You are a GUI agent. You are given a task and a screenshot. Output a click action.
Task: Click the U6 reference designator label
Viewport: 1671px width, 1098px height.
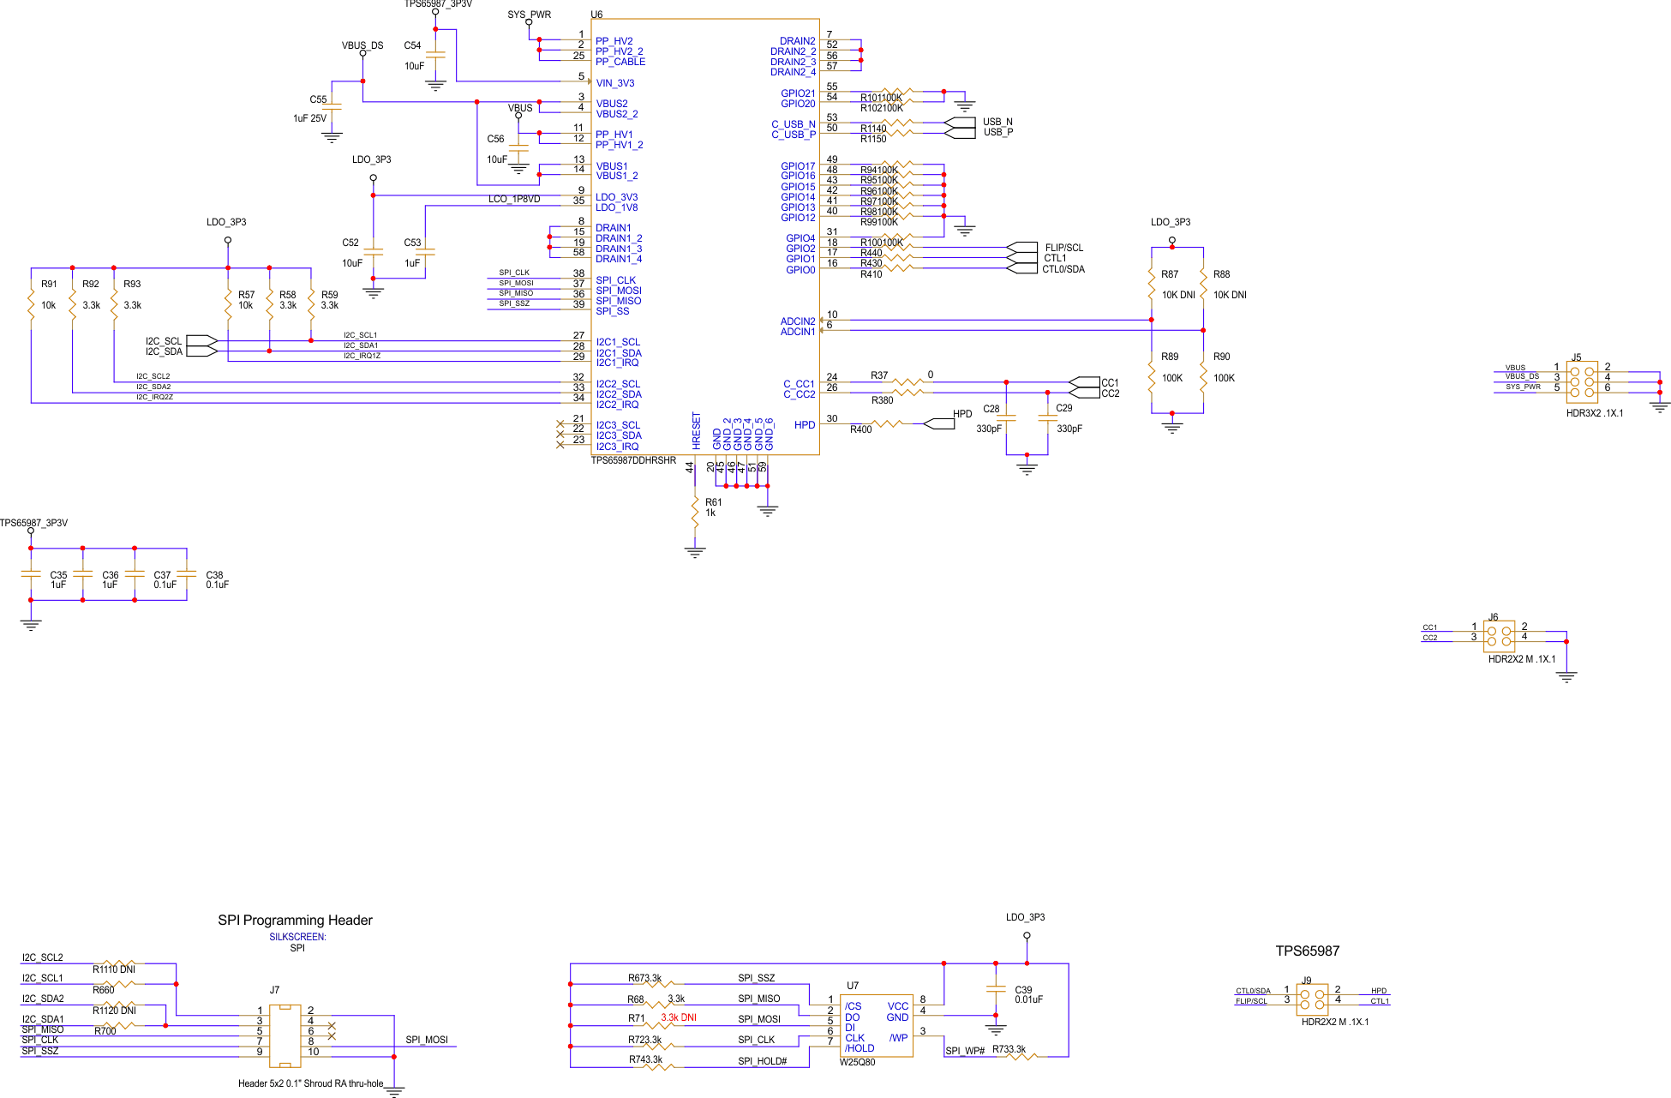(x=596, y=15)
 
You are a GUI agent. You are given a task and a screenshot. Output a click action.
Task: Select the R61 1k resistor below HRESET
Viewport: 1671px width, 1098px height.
(x=695, y=512)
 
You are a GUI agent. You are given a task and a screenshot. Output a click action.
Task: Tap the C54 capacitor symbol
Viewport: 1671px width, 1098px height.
(x=435, y=55)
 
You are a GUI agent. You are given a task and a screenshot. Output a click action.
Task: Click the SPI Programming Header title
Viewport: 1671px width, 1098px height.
(x=295, y=920)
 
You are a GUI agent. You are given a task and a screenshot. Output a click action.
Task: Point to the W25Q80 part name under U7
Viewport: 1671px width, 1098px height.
(x=857, y=1062)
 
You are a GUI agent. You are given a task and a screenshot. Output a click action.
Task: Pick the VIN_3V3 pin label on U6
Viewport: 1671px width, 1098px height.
(x=615, y=83)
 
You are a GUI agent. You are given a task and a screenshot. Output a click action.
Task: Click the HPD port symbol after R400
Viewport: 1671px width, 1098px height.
(x=940, y=423)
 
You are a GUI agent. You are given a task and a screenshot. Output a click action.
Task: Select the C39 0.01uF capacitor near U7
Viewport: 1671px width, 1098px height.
(x=996, y=989)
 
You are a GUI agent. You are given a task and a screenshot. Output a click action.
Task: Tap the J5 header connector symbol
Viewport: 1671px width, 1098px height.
(x=1582, y=382)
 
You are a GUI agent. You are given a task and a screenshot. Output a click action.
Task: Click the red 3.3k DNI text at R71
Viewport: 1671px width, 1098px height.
(x=678, y=1017)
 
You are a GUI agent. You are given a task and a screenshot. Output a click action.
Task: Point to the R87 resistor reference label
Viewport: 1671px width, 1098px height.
(x=1170, y=274)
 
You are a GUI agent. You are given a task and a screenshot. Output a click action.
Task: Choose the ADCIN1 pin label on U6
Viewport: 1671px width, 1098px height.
(x=797, y=332)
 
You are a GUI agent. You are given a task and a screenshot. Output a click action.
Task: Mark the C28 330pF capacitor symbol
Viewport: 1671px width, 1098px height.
(x=1006, y=419)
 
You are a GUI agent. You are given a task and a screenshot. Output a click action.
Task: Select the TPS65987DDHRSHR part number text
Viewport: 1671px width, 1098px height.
(x=633, y=461)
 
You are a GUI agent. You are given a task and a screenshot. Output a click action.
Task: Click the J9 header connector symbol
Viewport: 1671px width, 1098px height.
(x=1312, y=999)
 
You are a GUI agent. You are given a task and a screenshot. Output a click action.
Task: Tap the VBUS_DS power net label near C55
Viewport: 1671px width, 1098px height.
(x=362, y=45)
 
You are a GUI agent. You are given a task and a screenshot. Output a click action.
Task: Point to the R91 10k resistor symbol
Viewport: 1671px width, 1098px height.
(x=31, y=305)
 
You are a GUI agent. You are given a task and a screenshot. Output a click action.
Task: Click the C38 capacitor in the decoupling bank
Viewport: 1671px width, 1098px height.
(x=187, y=574)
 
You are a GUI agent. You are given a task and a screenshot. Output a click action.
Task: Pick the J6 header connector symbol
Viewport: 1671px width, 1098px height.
(x=1499, y=637)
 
